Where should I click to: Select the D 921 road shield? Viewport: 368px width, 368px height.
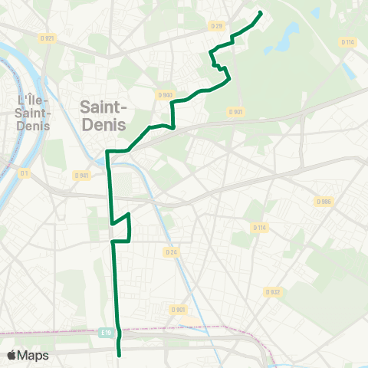[x=48, y=38]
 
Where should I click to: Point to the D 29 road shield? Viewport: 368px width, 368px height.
[x=217, y=27]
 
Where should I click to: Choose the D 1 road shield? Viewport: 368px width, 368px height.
[x=24, y=173]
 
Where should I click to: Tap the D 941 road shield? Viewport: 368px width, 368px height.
[x=82, y=175]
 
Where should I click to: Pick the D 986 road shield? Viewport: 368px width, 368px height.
[x=323, y=202]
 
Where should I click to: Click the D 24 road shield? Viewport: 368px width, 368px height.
[x=170, y=251]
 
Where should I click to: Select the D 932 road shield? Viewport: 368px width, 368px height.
[x=272, y=291]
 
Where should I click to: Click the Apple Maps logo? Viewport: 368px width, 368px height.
[x=28, y=355]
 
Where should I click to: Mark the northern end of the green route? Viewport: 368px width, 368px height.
[x=261, y=13]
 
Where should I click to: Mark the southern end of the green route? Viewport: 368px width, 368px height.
[x=120, y=355]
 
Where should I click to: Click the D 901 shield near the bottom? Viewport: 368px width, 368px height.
[x=179, y=309]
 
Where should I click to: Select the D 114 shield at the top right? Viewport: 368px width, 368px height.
[x=349, y=41]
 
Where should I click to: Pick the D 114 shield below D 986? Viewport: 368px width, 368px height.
[x=258, y=227]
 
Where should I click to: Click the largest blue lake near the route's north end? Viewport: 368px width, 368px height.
[x=290, y=33]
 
